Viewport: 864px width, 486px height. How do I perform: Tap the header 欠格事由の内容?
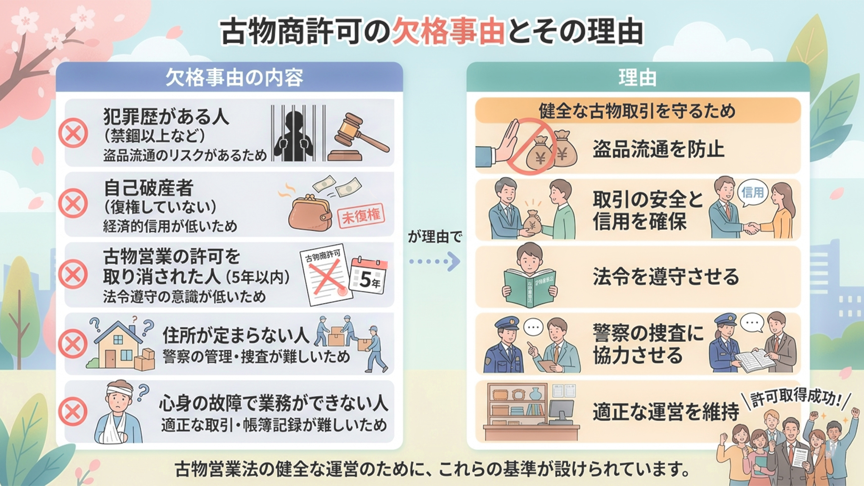click(234, 78)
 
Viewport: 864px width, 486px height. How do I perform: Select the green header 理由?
click(637, 78)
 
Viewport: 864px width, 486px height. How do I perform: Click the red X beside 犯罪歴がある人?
click(73, 133)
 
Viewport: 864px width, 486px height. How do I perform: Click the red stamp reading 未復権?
click(361, 216)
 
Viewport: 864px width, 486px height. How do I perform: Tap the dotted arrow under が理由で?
click(435, 261)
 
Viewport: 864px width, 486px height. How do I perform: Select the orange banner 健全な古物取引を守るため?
click(637, 111)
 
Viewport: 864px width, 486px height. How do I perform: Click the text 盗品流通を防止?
click(658, 149)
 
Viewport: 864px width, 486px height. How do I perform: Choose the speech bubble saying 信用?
click(753, 193)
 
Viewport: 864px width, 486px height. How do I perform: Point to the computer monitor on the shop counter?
click(561, 410)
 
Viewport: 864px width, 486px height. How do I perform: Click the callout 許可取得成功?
click(796, 397)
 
